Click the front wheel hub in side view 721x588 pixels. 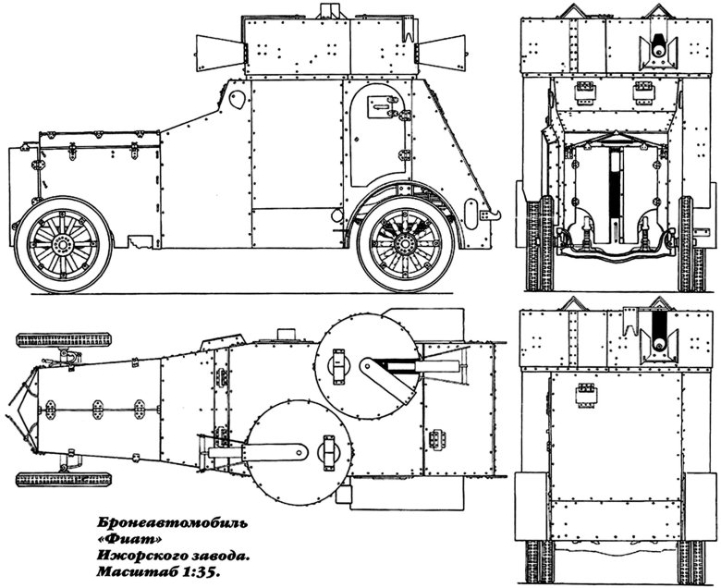click(x=61, y=244)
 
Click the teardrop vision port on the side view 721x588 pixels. click(x=237, y=99)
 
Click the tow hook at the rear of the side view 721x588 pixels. click(x=494, y=214)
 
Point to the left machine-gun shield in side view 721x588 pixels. click(x=218, y=51)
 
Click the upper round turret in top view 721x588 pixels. click(x=367, y=366)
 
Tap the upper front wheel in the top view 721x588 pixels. click(x=64, y=340)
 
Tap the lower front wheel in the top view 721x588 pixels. click(x=64, y=480)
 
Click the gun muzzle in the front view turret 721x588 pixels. click(x=658, y=50)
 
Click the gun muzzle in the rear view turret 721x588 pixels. click(x=659, y=343)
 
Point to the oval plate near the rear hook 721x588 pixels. click(x=470, y=213)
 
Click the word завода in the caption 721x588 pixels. click(x=219, y=557)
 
